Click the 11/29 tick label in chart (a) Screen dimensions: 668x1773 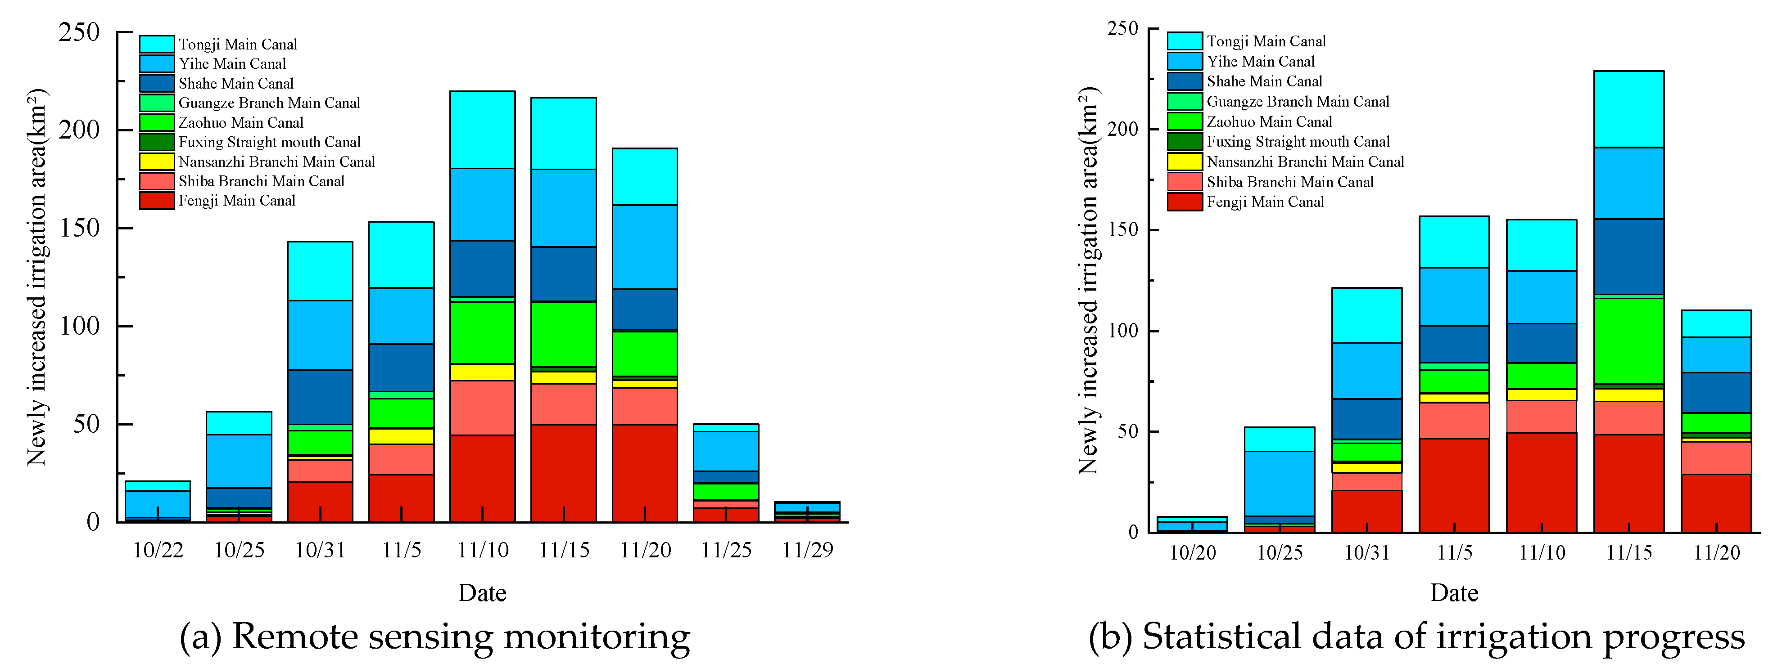pyautogui.click(x=807, y=550)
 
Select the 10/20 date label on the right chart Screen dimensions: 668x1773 pyautogui.click(x=1192, y=552)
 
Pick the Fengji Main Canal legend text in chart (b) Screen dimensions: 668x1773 pyautogui.click(x=1265, y=202)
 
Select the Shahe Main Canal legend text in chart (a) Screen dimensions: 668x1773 pyautogui.click(x=235, y=83)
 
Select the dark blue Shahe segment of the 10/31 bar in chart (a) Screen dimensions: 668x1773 pyautogui.click(x=320, y=397)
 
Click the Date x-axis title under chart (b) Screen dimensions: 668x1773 pyautogui.click(x=1454, y=592)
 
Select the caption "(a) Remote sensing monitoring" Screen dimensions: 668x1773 pyautogui.click(x=434, y=637)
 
